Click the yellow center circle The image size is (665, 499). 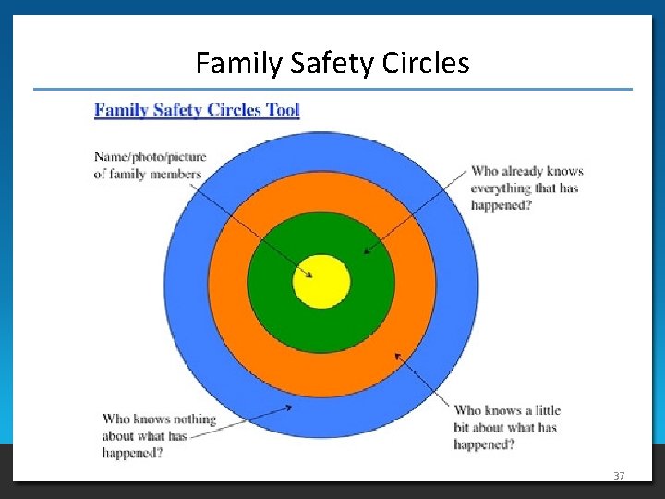(321, 281)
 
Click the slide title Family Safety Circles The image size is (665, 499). (332, 63)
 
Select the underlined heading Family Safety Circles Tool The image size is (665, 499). (197, 111)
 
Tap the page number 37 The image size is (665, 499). (619, 475)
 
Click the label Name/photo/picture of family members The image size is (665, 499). (149, 165)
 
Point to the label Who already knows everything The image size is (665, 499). (526, 188)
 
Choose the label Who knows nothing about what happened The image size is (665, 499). (158, 435)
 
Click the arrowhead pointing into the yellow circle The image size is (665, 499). (310, 274)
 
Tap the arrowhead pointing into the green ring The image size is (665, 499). (367, 249)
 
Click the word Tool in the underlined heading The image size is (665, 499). (282, 111)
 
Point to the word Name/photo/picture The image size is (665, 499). (150, 157)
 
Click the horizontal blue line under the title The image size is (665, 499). (332, 90)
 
